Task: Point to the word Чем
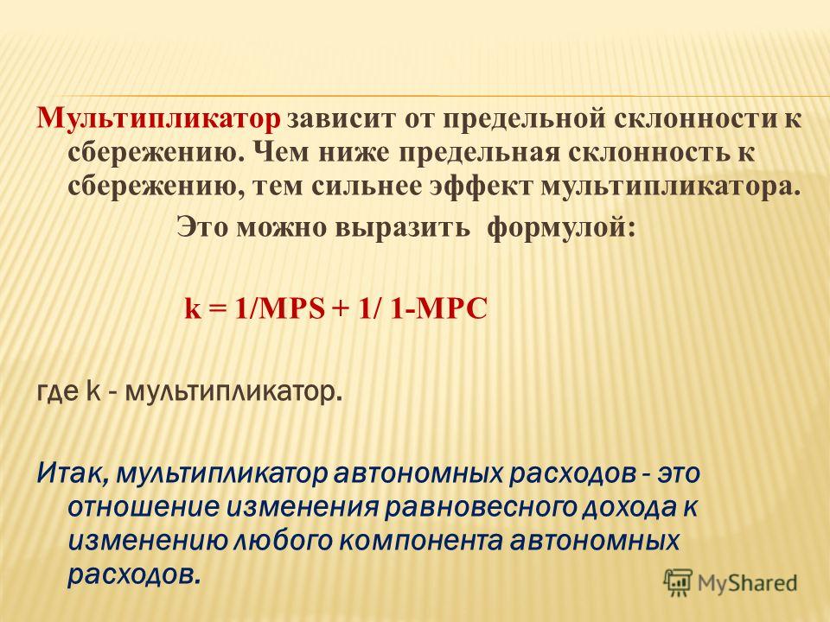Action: [x=280, y=154]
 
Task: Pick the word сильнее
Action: [x=365, y=187]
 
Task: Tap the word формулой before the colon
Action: [x=556, y=228]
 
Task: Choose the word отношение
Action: [x=144, y=508]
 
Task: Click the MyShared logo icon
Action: [x=678, y=583]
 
